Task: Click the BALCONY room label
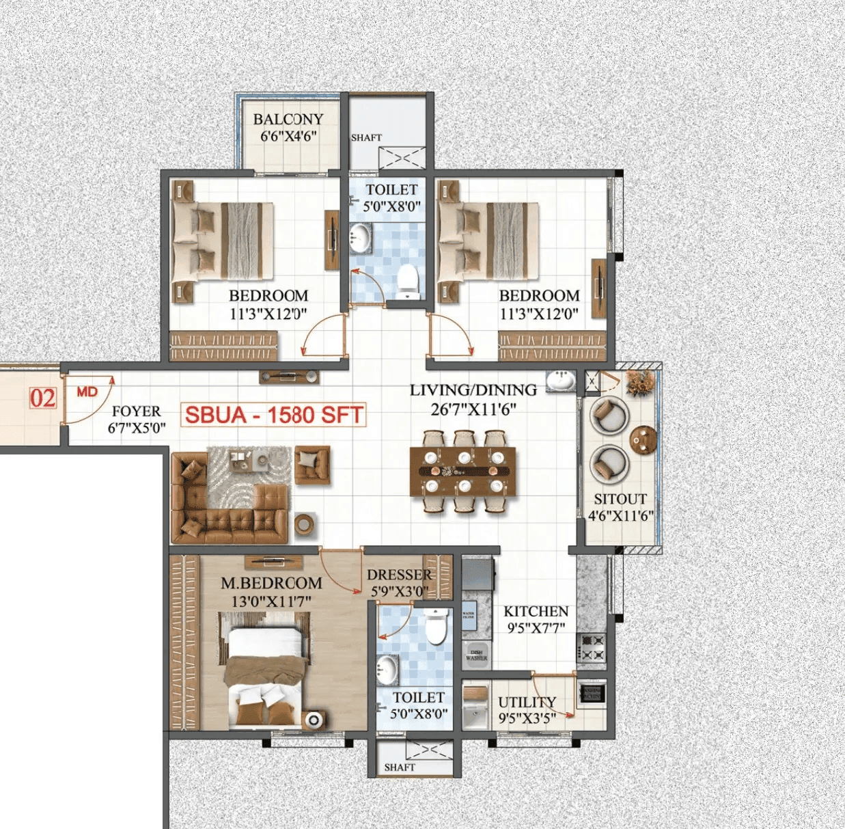(x=288, y=119)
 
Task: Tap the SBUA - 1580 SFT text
(x=273, y=415)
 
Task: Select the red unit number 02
(x=42, y=398)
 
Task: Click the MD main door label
(x=87, y=392)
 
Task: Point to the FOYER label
(x=136, y=411)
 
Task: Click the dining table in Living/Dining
(x=463, y=471)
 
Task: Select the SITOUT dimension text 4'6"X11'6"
(x=621, y=516)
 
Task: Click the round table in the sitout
(x=643, y=439)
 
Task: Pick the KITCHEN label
(x=536, y=611)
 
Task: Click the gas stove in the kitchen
(x=592, y=648)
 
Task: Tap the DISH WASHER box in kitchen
(x=476, y=655)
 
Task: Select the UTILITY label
(x=527, y=703)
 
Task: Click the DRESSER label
(x=399, y=575)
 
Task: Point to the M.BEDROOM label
(x=271, y=584)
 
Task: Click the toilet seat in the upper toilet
(x=408, y=281)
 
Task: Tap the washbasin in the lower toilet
(x=387, y=668)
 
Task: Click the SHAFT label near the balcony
(x=366, y=137)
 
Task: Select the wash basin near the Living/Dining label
(x=561, y=380)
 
